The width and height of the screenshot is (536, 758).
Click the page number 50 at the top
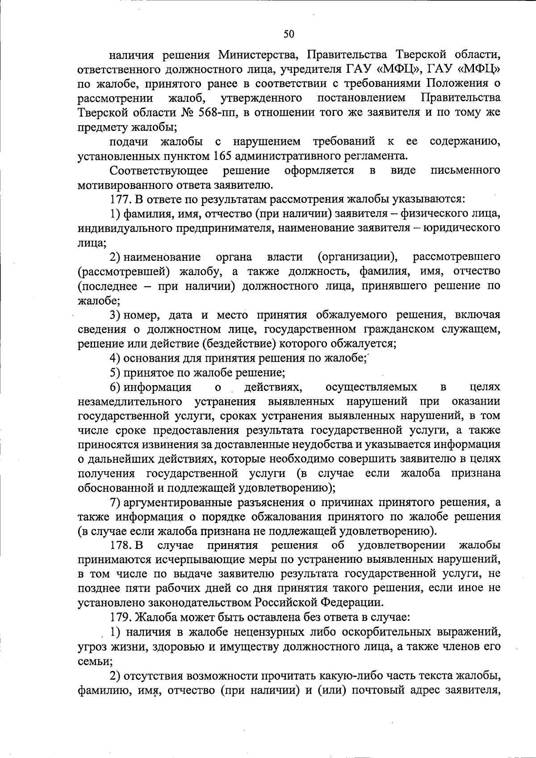click(289, 34)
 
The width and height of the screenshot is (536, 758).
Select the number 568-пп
click(218, 112)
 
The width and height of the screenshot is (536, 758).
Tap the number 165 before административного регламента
click(218, 156)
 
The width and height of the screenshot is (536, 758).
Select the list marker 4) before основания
click(115, 358)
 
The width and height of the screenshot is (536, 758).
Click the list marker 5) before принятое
click(115, 372)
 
